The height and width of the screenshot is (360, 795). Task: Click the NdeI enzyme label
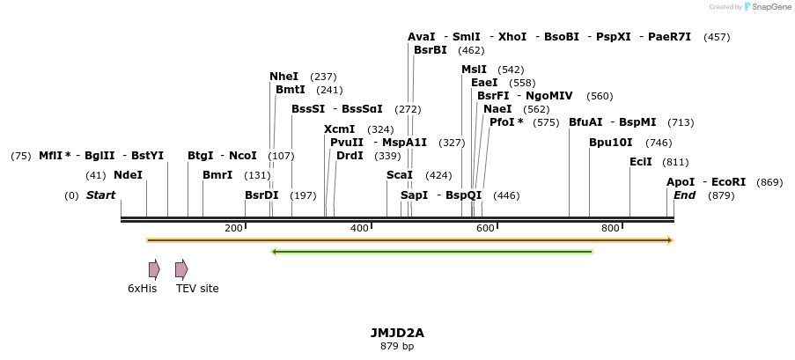tap(128, 175)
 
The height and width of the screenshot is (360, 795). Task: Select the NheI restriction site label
tap(283, 77)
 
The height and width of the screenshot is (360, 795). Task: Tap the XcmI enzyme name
tap(339, 129)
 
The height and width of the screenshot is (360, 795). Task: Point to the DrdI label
tap(350, 156)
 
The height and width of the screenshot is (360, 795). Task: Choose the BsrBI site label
tap(431, 50)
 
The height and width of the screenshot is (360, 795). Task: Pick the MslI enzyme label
tap(474, 70)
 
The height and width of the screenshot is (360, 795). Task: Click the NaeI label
tap(497, 109)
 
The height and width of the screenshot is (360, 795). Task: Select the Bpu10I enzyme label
tap(610, 143)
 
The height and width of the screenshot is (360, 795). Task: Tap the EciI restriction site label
tap(641, 162)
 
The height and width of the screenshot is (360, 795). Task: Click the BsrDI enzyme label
tap(261, 195)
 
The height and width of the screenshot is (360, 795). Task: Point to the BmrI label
tap(217, 175)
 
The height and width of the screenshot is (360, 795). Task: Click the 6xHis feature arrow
tap(154, 269)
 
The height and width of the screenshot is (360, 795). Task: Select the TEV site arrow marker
tap(181, 269)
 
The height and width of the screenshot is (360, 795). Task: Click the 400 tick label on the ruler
tap(359, 229)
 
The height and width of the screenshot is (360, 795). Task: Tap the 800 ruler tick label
tap(610, 229)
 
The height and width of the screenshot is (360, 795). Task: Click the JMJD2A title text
tap(397, 333)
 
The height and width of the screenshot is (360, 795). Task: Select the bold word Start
tap(100, 195)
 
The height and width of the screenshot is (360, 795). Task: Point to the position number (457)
tap(717, 37)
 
